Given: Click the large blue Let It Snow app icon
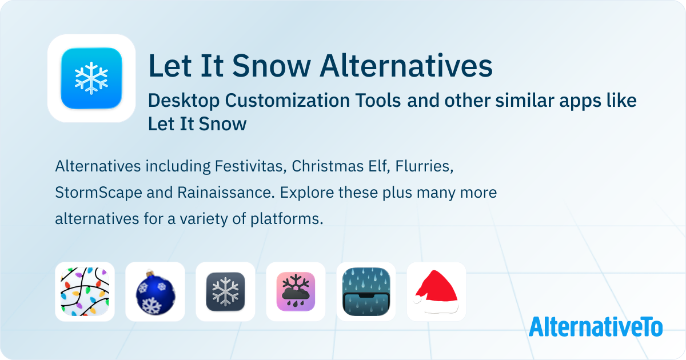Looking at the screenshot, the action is [x=91, y=78].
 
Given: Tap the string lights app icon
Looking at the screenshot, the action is [x=85, y=291].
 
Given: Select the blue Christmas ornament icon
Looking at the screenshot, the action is [x=155, y=292].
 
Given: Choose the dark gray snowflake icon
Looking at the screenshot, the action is [x=225, y=291].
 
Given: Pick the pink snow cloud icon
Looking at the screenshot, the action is [x=296, y=291].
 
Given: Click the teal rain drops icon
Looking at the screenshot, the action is [x=366, y=291].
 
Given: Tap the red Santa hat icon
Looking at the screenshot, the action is [x=436, y=292].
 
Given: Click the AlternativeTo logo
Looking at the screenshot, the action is [x=596, y=327].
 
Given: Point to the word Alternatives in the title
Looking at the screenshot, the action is [x=406, y=66].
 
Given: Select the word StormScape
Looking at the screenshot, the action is [x=98, y=193].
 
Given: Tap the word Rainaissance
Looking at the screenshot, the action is [x=226, y=193].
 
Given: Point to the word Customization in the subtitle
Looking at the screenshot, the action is [x=313, y=101].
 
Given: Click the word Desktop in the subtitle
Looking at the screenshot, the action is [x=184, y=101].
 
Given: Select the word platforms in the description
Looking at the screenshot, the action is [x=286, y=219].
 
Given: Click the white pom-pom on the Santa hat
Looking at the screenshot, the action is [x=417, y=299].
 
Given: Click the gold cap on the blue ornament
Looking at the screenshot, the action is [x=150, y=273].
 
